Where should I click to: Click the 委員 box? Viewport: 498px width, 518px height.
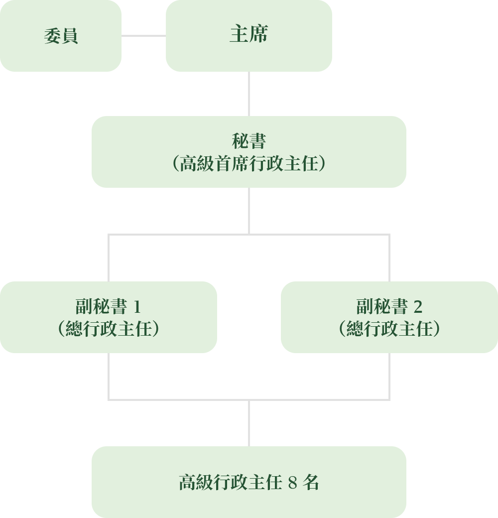pos(61,36)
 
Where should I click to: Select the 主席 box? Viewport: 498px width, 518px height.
pos(249,36)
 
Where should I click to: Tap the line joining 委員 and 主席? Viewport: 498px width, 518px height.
pos(143,36)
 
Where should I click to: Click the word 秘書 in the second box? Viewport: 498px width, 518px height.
pos(249,141)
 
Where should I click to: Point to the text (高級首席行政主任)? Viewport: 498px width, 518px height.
pos(249,163)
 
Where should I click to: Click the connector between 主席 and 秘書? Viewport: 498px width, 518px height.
pos(249,94)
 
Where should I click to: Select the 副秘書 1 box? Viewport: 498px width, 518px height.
pos(109,317)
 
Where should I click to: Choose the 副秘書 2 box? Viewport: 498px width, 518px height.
pos(389,317)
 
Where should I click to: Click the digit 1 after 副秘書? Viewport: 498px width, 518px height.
pos(137,307)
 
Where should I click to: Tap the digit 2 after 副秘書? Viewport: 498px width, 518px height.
pos(418,307)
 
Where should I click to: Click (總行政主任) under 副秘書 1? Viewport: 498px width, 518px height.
pos(109,329)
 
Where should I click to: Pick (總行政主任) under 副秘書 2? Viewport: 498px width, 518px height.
pos(389,329)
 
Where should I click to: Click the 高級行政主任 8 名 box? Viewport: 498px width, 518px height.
pos(249,482)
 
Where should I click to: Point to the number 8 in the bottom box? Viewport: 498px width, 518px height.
pos(293,483)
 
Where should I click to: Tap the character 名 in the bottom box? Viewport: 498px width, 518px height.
pos(311,482)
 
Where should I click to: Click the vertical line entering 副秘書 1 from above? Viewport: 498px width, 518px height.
pos(109,258)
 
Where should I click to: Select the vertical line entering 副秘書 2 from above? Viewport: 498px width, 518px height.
pos(389,258)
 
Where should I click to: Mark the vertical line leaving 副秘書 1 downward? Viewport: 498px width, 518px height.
pos(109,377)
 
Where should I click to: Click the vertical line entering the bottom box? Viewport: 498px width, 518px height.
pos(249,423)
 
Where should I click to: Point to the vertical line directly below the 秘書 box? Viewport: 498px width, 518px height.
pos(249,211)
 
